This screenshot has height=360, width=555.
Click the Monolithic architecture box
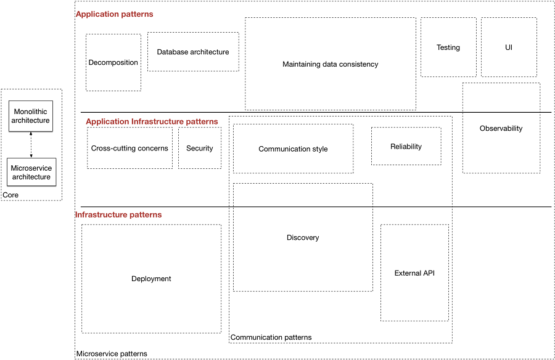pyautogui.click(x=30, y=116)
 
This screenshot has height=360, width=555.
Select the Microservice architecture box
pyautogui.click(x=31, y=173)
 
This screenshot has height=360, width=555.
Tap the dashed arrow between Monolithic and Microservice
pyautogui.click(x=31, y=144)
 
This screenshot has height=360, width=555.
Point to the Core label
pyautogui.click(x=10, y=195)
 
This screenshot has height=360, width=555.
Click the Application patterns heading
pyautogui.click(x=114, y=14)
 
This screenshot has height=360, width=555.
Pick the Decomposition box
pyautogui.click(x=113, y=62)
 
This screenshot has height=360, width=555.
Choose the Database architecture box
pyautogui.click(x=193, y=52)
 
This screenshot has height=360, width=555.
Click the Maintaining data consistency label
pyautogui.click(x=330, y=64)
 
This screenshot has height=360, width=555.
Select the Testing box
pyautogui.click(x=448, y=47)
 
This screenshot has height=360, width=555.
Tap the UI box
pyautogui.click(x=509, y=47)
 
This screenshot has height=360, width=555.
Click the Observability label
pyautogui.click(x=501, y=128)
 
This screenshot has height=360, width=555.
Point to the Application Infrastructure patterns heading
pyautogui.click(x=152, y=121)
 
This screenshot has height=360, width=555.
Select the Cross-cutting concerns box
pyautogui.click(x=129, y=148)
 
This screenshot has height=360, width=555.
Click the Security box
pyautogui.click(x=200, y=148)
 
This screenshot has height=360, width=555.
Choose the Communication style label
pyautogui.click(x=293, y=149)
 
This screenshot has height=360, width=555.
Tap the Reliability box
pyautogui.click(x=406, y=146)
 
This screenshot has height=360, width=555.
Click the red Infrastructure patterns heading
pyautogui.click(x=118, y=215)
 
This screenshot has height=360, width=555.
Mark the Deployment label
pyautogui.click(x=151, y=279)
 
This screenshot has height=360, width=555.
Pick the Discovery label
pyautogui.click(x=303, y=237)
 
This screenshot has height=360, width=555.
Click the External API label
pyautogui.click(x=414, y=273)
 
